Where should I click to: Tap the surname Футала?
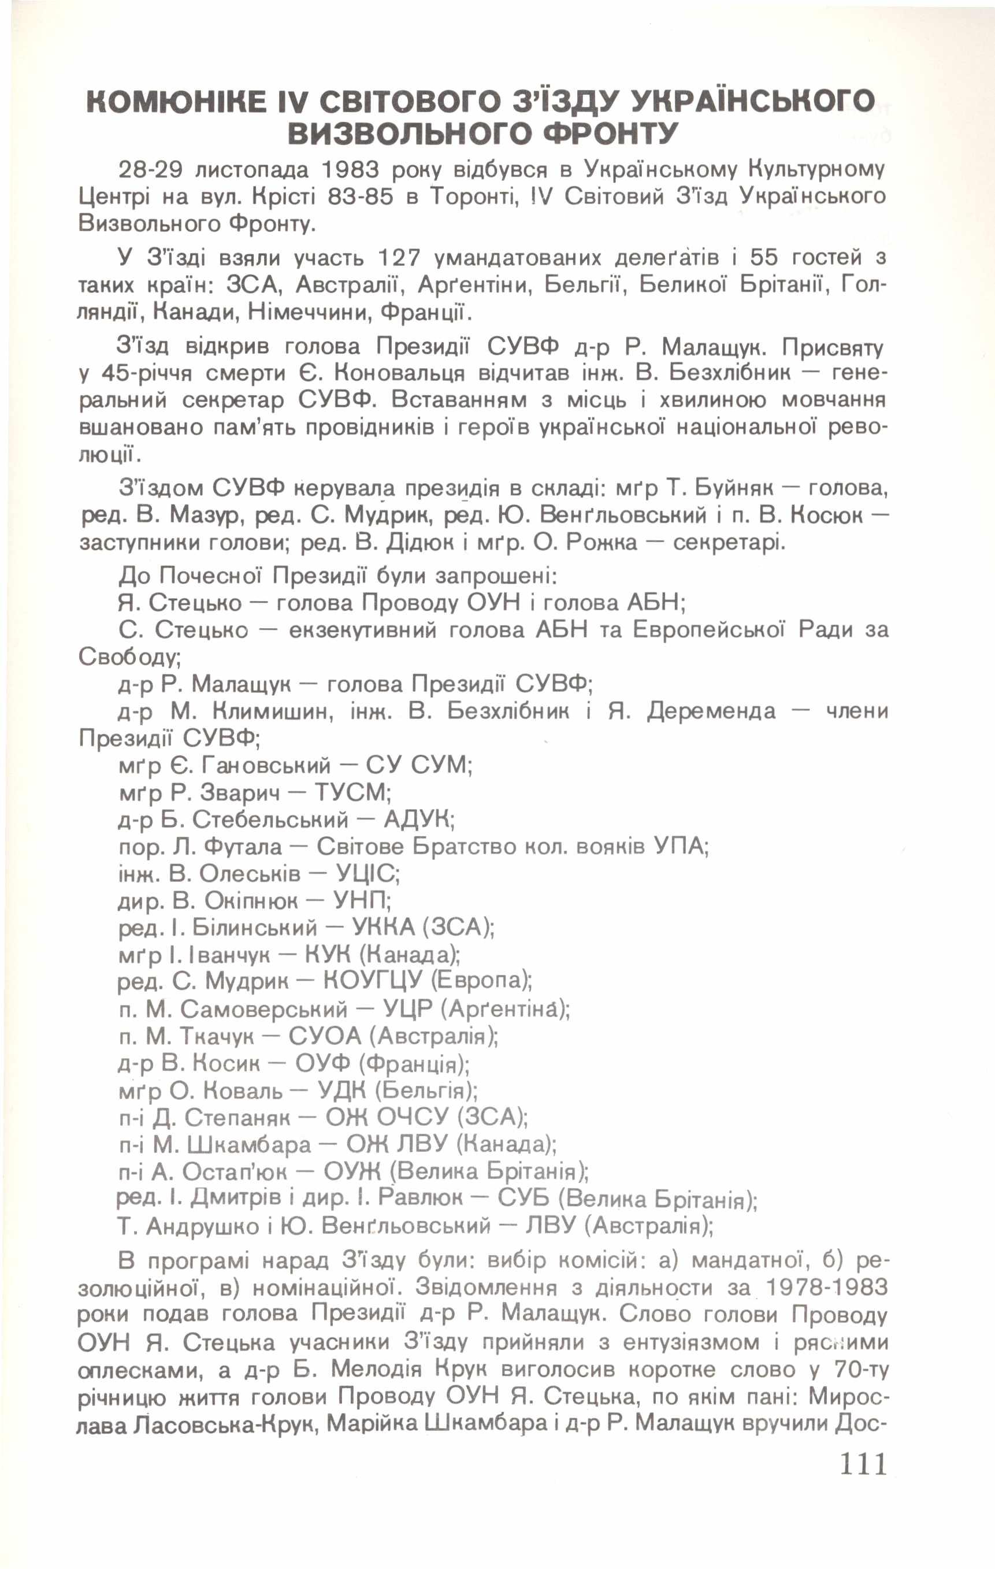pyautogui.click(x=244, y=847)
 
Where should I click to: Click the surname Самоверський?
pyautogui.click(x=264, y=1008)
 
